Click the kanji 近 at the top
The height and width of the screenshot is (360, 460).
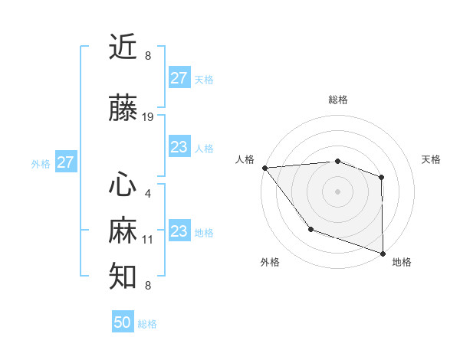(123, 47)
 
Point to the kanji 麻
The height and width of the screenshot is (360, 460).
(123, 231)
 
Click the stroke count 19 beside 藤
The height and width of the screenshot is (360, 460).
(148, 117)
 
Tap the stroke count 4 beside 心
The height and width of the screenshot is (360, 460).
(147, 194)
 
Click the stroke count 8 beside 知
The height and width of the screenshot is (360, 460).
(147, 286)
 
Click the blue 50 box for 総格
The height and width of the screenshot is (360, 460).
(123, 322)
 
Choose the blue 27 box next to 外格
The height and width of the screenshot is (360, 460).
(65, 162)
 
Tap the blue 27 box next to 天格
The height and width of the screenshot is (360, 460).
(179, 78)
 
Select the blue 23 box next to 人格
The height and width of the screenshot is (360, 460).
(179, 147)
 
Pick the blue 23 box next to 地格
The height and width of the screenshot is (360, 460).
(179, 231)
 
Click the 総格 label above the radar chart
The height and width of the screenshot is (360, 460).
(338, 100)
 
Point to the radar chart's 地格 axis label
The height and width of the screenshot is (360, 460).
(402, 262)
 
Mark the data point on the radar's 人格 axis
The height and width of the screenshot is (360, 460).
(264, 167)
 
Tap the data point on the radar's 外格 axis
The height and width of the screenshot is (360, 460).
(310, 229)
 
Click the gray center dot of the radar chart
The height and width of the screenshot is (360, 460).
(337, 191)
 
